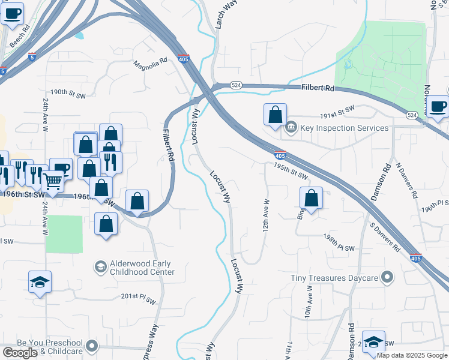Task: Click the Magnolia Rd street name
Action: pos(150,64)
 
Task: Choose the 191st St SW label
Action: pos(337,110)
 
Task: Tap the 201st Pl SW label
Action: pos(139,296)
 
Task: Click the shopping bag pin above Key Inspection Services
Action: pos(275,115)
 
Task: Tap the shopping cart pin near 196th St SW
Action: pos(52,181)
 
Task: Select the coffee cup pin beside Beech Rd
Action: pos(12,13)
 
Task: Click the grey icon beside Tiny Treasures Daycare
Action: pos(388,278)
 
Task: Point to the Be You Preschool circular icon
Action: pos(92,346)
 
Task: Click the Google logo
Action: pos(20,353)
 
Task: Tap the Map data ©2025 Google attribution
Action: pos(412,355)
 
